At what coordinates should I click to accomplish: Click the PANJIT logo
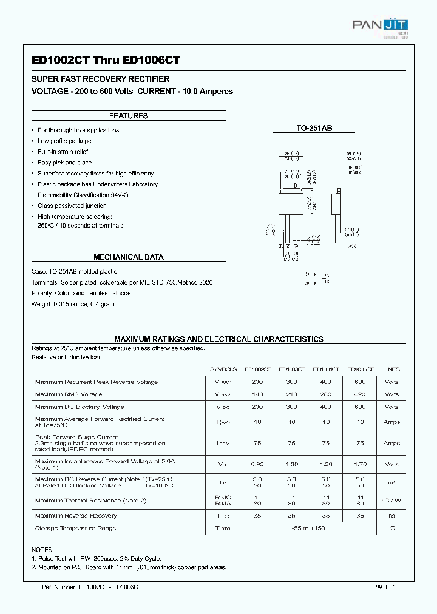pos(380,25)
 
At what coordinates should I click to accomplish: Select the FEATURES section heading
pos(128,116)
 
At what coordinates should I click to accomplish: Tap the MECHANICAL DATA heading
pos(128,257)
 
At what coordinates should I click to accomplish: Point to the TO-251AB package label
pos(314,128)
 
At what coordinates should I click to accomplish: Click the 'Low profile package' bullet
pos(64,141)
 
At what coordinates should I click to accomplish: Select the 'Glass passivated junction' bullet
pos(72,206)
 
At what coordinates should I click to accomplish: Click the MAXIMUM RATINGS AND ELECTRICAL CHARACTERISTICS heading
pos(218,339)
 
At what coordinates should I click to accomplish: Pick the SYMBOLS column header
pos(223,369)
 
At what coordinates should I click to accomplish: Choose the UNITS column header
pos(391,369)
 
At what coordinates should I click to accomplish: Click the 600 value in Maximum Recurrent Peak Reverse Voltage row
pos(360,382)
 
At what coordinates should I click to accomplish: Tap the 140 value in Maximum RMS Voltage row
pos(257,394)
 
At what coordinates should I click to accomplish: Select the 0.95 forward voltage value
pos(257,465)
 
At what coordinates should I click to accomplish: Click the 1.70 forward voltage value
pos(360,465)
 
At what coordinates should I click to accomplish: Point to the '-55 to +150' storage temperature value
pos(309,528)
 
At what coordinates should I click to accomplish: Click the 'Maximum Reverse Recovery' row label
pos(76,516)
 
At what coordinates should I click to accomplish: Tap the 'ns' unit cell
pos(391,516)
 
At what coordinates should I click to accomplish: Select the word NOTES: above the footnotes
pos(42,549)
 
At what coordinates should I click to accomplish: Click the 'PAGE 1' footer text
pos(384,587)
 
